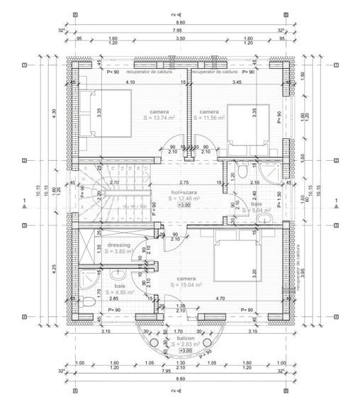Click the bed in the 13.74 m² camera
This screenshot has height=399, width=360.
103,111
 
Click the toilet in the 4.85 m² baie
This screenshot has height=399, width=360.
87,303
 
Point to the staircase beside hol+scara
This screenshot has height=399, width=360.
95,194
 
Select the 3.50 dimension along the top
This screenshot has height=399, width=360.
181,39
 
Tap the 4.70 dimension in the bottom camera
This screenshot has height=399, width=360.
220,298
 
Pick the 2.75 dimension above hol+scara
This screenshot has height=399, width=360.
184,183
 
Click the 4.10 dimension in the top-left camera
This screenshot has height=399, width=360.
130,83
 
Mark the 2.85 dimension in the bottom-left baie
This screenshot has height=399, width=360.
113,299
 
